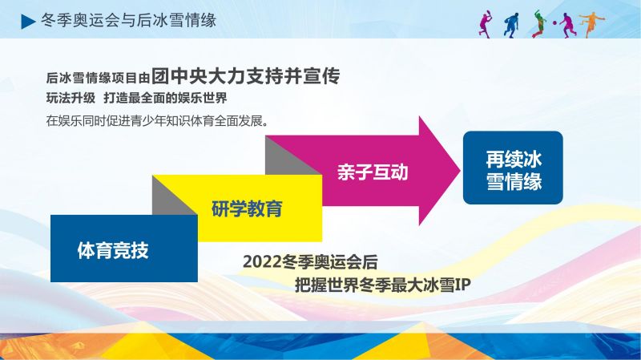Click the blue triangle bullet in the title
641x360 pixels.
click(28, 22)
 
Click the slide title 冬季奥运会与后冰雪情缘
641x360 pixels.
click(128, 20)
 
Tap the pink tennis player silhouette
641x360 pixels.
click(486, 25)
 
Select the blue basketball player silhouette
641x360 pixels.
click(511, 26)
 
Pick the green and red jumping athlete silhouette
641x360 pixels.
click(538, 24)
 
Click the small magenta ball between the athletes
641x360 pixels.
click(555, 23)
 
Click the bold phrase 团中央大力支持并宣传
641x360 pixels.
click(246, 75)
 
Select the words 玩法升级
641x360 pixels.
click(71, 98)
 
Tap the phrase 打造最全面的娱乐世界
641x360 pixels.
click(165, 98)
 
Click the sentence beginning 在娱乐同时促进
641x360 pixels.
click(157, 121)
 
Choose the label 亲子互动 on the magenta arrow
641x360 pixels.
click(373, 172)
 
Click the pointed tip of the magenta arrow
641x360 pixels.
click(460, 171)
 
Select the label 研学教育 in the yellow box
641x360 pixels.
click(247, 208)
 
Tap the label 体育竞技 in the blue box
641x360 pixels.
click(113, 250)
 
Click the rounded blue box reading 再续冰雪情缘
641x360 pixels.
click(513, 168)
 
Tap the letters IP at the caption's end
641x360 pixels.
click(463, 285)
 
